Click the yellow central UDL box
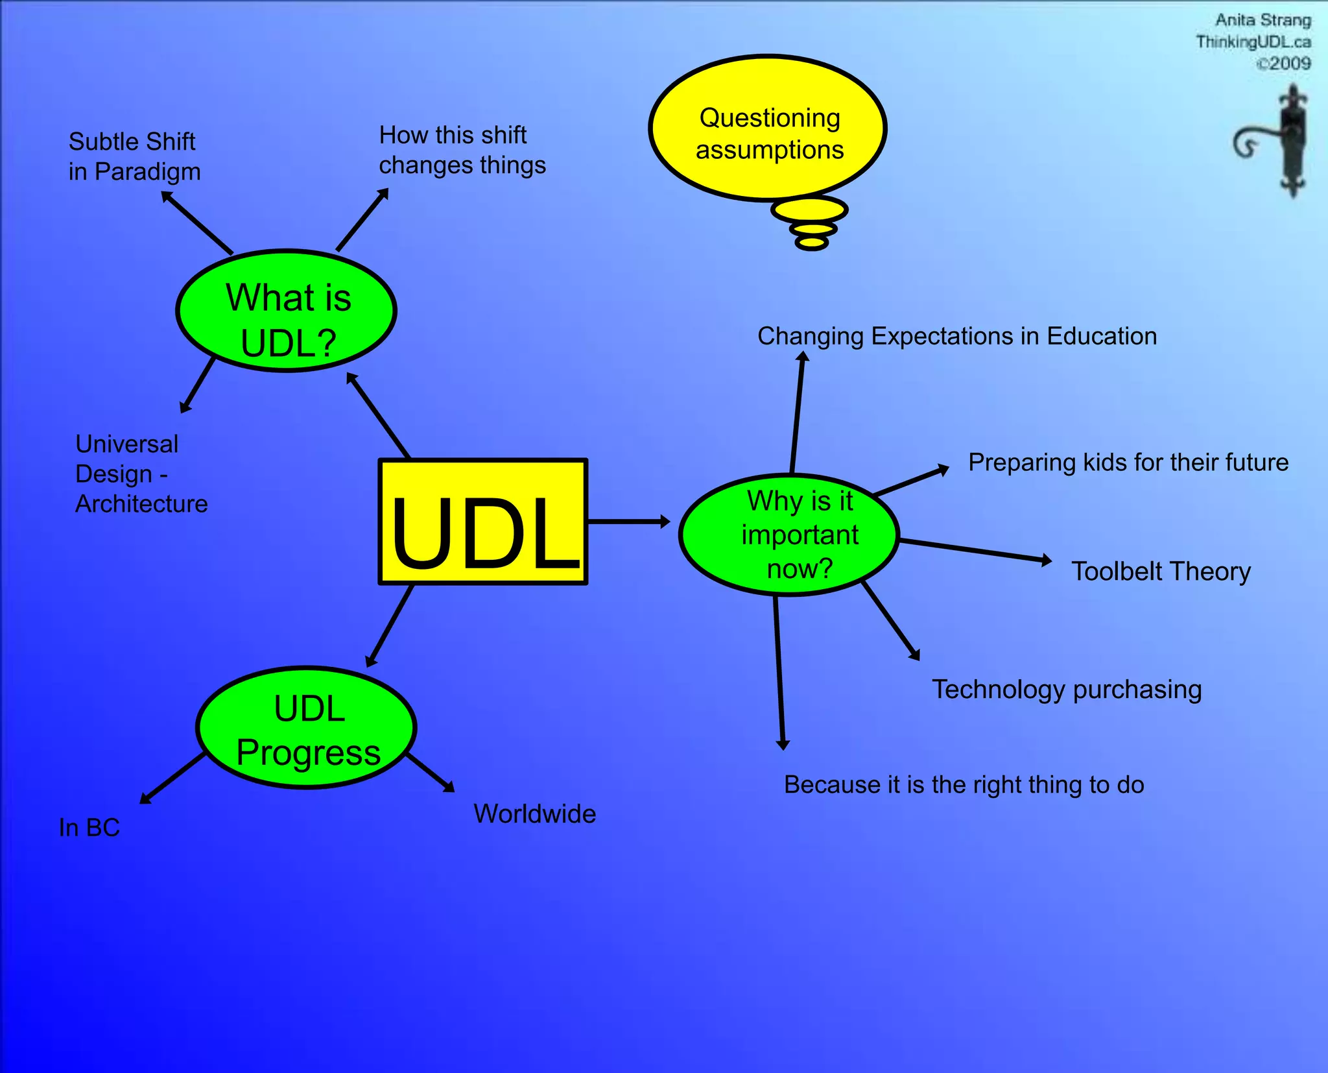click(x=483, y=522)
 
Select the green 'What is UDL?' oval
click(x=286, y=311)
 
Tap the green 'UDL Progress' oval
click(x=306, y=728)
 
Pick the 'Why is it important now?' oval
click(x=789, y=535)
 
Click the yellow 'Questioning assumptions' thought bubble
click(x=768, y=128)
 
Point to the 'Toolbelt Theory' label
click(x=1160, y=572)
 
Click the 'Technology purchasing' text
click(x=1067, y=689)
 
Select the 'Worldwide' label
click(x=534, y=814)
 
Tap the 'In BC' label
click(x=89, y=828)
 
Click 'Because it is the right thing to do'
click(x=964, y=785)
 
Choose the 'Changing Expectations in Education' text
click(x=956, y=336)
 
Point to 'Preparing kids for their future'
click(x=1128, y=463)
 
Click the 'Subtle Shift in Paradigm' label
click(x=134, y=156)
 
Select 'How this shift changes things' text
click(x=462, y=150)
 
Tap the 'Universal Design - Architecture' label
click(x=141, y=474)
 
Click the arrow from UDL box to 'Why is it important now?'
click(x=628, y=522)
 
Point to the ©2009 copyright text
click(x=1283, y=64)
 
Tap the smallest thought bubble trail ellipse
click(x=811, y=243)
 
